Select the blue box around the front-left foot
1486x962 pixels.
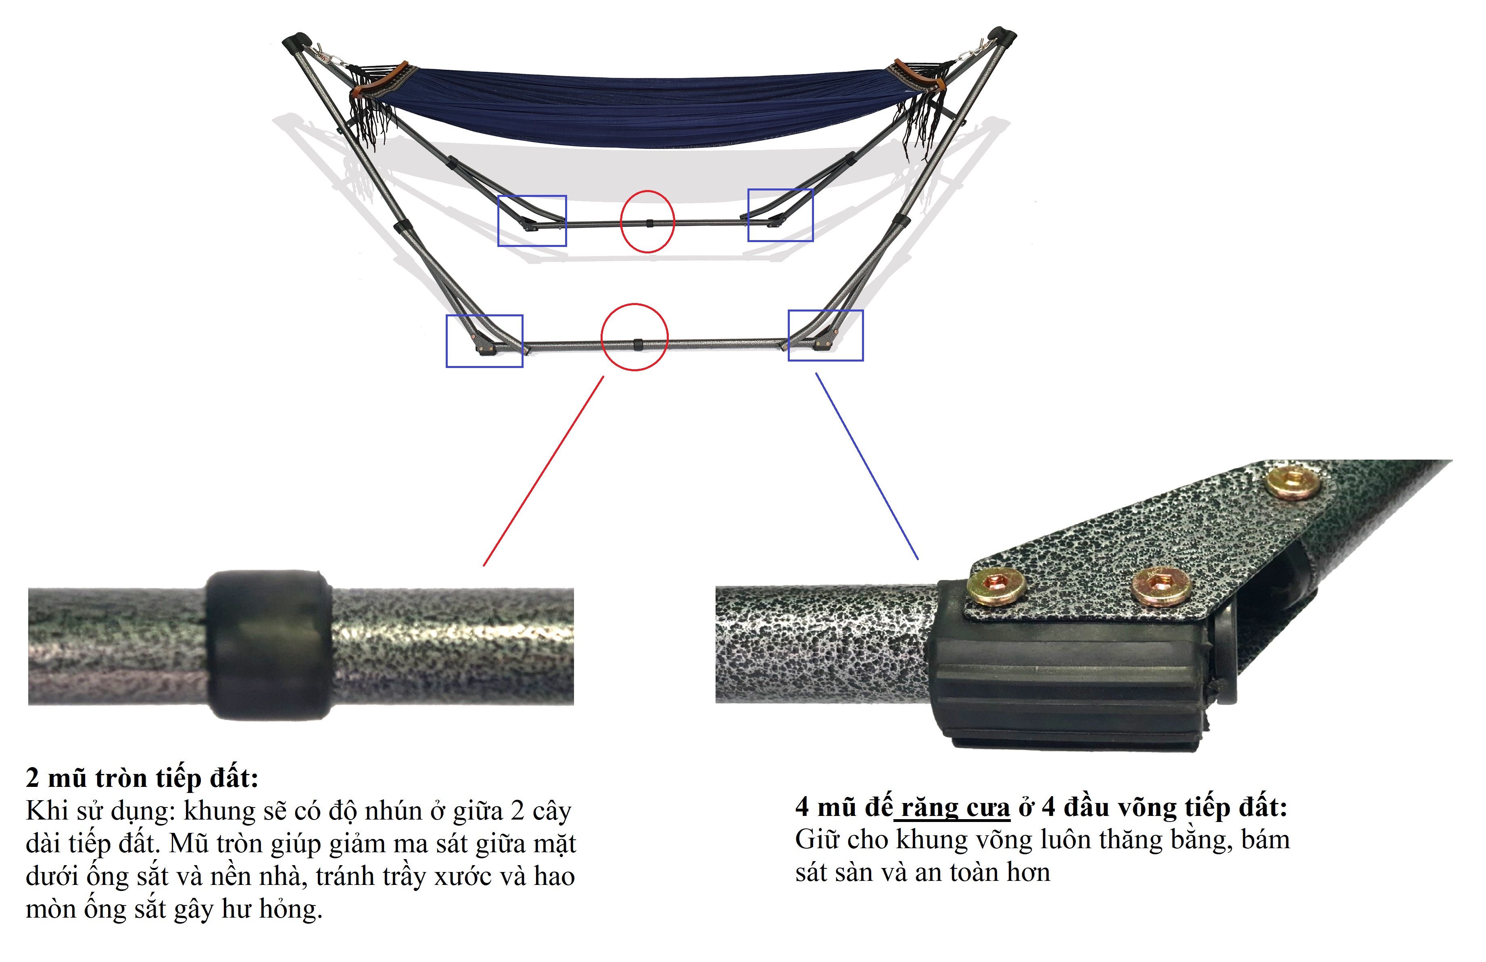coord(447,341)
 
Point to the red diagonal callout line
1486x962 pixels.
coord(544,471)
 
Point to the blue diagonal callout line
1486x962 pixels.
coord(866,466)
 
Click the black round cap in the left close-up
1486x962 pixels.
coord(269,645)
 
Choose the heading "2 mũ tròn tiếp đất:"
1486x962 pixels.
coord(142,778)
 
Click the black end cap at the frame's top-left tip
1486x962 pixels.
coord(296,42)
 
